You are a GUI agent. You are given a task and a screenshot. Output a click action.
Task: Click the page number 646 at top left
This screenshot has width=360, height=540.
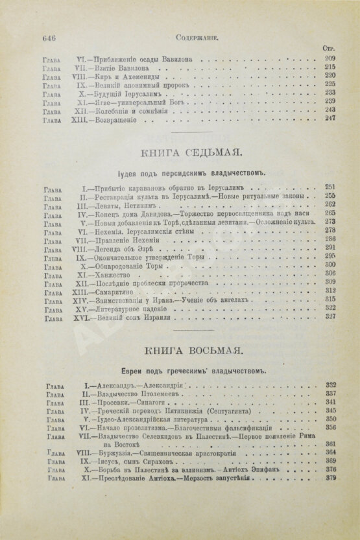48,38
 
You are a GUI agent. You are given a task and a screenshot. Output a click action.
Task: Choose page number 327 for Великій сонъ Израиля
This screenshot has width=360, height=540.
329,318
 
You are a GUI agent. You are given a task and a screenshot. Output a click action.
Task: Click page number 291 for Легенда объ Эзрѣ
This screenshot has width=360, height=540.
329,247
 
